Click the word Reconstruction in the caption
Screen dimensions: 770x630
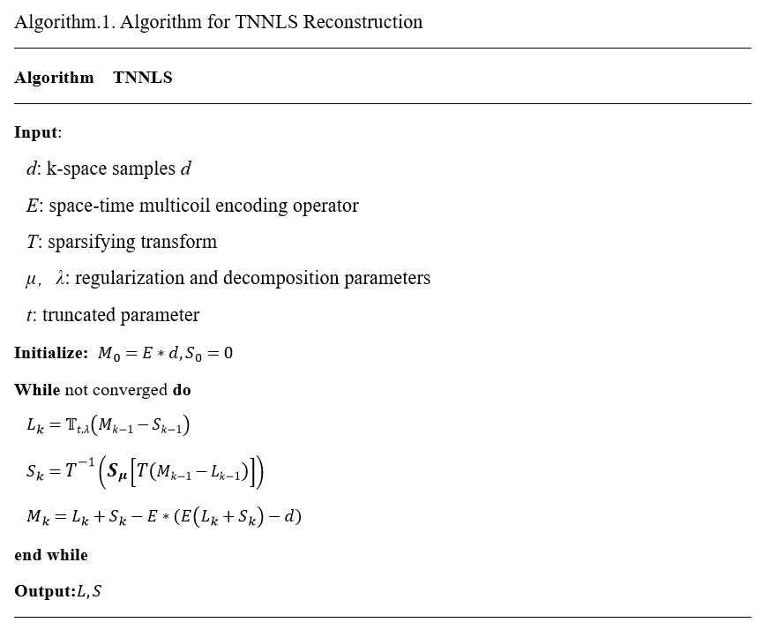(363, 22)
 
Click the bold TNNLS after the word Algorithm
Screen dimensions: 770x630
(143, 78)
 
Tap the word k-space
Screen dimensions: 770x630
(78, 169)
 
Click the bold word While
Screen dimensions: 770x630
(37, 390)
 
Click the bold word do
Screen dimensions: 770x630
(181, 390)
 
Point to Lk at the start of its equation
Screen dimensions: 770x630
(34, 427)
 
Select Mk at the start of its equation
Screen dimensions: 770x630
(38, 516)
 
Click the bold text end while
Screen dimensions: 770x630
(51, 555)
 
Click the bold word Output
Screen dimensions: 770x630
(43, 591)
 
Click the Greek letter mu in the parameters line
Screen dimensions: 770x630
(32, 279)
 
